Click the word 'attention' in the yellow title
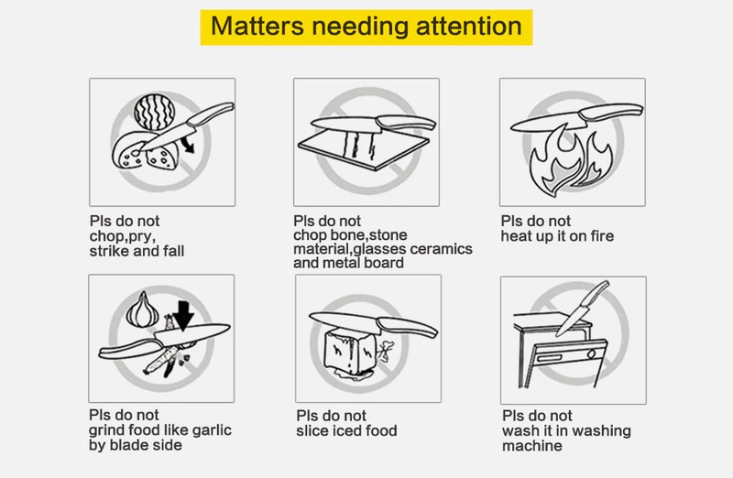469,27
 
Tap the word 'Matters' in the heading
257,27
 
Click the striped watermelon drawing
154,113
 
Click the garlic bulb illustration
143,310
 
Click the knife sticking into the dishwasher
583,309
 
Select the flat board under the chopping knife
364,149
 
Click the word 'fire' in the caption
602,236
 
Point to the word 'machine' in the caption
532,445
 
